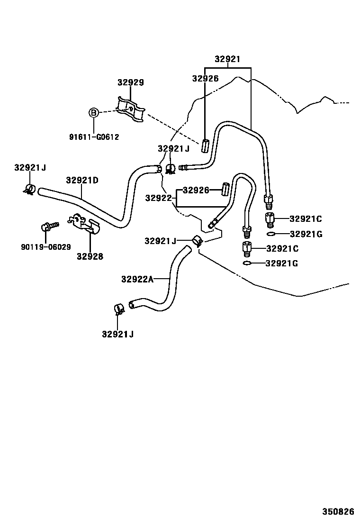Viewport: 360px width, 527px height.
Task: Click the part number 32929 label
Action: [x=131, y=82]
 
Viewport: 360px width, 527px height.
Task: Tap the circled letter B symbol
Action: [x=94, y=113]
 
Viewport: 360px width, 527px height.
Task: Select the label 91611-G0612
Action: [x=93, y=137]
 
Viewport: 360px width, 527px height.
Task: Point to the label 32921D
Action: [x=82, y=180]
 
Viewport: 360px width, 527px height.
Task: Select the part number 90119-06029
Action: [x=45, y=247]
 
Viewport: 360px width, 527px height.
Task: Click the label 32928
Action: [x=90, y=256]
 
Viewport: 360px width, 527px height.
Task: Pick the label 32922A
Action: [x=137, y=279]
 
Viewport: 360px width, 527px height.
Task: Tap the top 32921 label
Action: [x=227, y=60]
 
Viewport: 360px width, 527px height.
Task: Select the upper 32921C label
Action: [x=306, y=218]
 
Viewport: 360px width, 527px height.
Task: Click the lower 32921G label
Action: [x=282, y=263]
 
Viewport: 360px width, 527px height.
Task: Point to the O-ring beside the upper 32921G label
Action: [x=270, y=234]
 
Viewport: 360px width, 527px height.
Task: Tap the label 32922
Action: [x=158, y=198]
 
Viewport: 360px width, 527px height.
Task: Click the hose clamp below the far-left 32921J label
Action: [x=29, y=190]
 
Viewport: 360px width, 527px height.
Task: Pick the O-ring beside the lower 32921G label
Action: [x=247, y=263]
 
